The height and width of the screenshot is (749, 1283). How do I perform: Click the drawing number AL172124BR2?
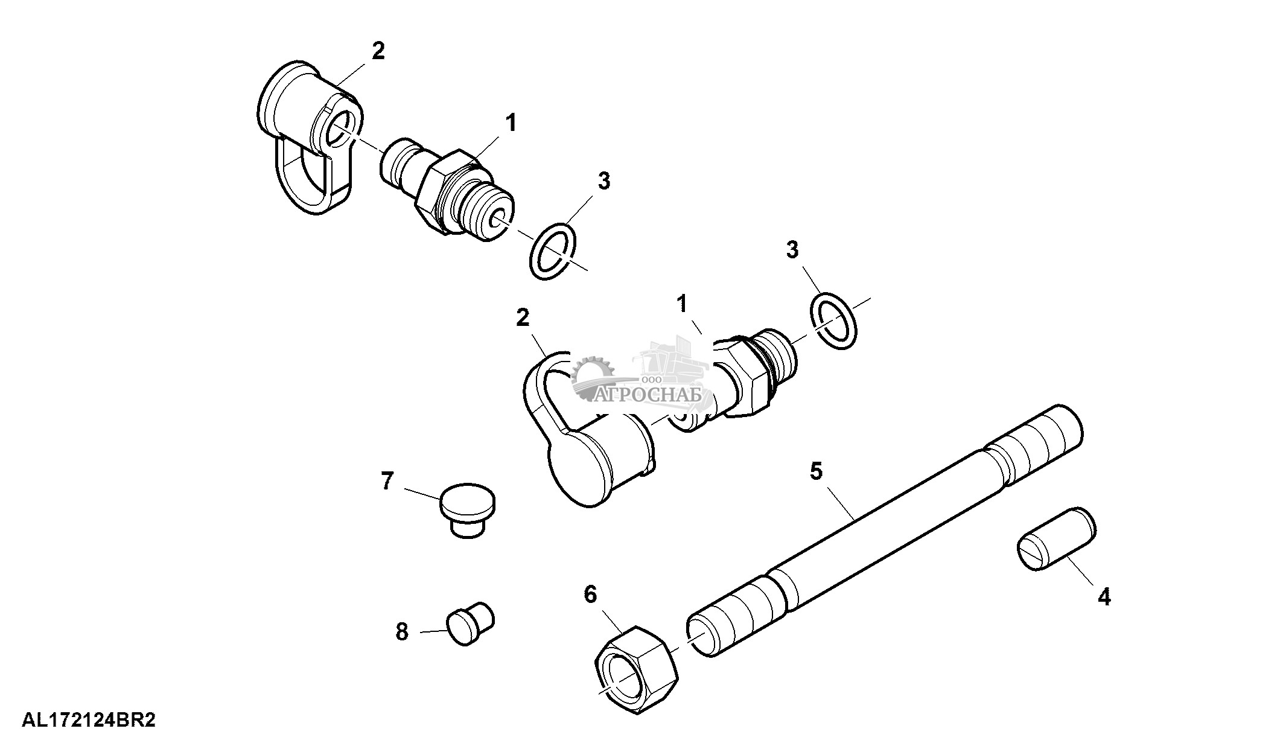[89, 721]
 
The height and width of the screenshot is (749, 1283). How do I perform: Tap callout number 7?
[386, 481]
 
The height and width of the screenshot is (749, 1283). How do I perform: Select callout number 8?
[402, 631]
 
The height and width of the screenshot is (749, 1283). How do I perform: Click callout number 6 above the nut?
[590, 594]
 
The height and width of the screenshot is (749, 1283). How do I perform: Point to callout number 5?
[816, 471]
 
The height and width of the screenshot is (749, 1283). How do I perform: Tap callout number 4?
[1104, 597]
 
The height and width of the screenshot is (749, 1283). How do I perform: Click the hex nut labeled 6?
[637, 670]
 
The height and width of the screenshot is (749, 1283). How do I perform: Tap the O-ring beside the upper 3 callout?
[552, 252]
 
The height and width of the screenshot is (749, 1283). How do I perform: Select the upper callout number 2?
[378, 51]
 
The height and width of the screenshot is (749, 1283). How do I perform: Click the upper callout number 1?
[511, 123]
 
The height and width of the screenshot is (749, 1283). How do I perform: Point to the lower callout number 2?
[523, 317]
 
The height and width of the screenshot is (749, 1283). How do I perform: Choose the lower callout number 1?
[682, 304]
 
